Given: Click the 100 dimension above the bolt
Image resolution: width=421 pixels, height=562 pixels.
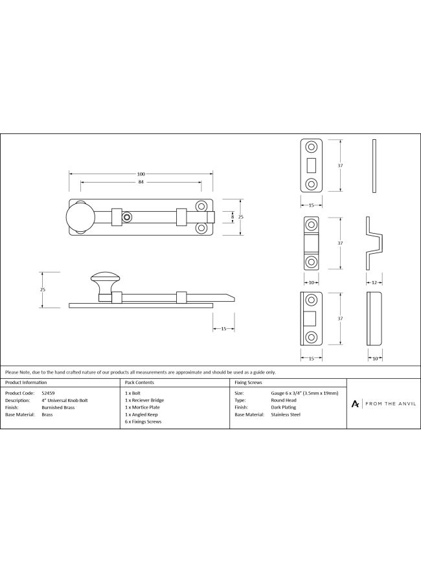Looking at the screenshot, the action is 141,174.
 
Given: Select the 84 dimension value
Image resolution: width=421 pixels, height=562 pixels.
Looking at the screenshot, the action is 141,182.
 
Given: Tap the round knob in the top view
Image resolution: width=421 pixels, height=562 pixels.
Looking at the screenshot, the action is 80,217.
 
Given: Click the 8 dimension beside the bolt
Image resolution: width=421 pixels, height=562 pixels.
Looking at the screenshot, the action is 233,217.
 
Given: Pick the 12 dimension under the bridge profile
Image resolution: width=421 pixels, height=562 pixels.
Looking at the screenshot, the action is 374,283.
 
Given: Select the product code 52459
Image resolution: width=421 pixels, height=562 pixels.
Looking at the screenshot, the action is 48,393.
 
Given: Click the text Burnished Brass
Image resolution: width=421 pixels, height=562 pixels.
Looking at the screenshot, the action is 58,407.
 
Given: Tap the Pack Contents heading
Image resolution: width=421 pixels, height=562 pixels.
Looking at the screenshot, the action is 139,383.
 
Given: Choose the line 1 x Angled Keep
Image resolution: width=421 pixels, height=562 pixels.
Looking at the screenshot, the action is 141,414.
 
